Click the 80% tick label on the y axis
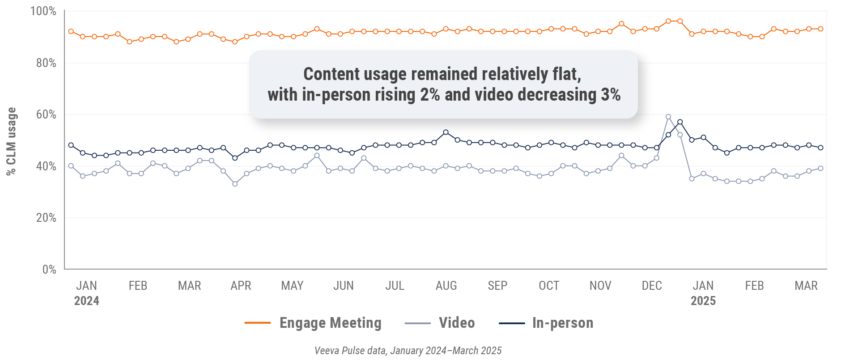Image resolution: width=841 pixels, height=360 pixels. (46, 63)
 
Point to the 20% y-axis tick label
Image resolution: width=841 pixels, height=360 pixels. (46, 218)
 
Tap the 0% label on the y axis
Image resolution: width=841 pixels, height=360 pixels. (49, 270)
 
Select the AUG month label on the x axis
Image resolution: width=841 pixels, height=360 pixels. (446, 286)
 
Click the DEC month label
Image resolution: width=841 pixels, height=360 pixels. (651, 286)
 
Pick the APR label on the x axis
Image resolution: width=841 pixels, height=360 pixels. (241, 286)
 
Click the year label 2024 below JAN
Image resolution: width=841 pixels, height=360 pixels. (86, 301)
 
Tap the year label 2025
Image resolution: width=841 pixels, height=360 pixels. (703, 301)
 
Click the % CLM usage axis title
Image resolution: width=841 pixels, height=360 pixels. (11, 141)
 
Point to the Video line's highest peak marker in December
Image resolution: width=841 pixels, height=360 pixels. (668, 117)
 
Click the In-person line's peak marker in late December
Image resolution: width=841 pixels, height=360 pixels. (680, 122)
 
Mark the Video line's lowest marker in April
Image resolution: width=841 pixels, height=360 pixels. (235, 184)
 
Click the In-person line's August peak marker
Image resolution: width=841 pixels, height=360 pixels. (446, 132)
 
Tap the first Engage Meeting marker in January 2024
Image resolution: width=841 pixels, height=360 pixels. (71, 31)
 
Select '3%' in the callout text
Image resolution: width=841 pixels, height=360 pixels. (611, 95)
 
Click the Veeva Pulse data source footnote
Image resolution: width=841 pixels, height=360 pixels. (408, 351)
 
